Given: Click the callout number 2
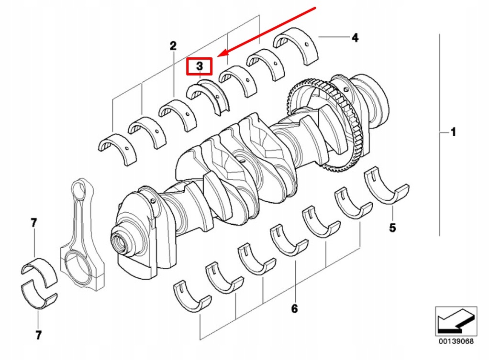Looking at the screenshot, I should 173,46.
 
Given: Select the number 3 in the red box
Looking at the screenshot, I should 199,66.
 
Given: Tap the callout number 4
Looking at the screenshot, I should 355,38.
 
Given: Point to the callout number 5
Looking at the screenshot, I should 392,228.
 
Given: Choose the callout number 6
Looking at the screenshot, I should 294,309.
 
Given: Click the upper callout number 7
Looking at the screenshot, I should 33,223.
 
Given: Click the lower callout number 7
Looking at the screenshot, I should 38,335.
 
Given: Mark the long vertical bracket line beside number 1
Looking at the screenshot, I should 440,134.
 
